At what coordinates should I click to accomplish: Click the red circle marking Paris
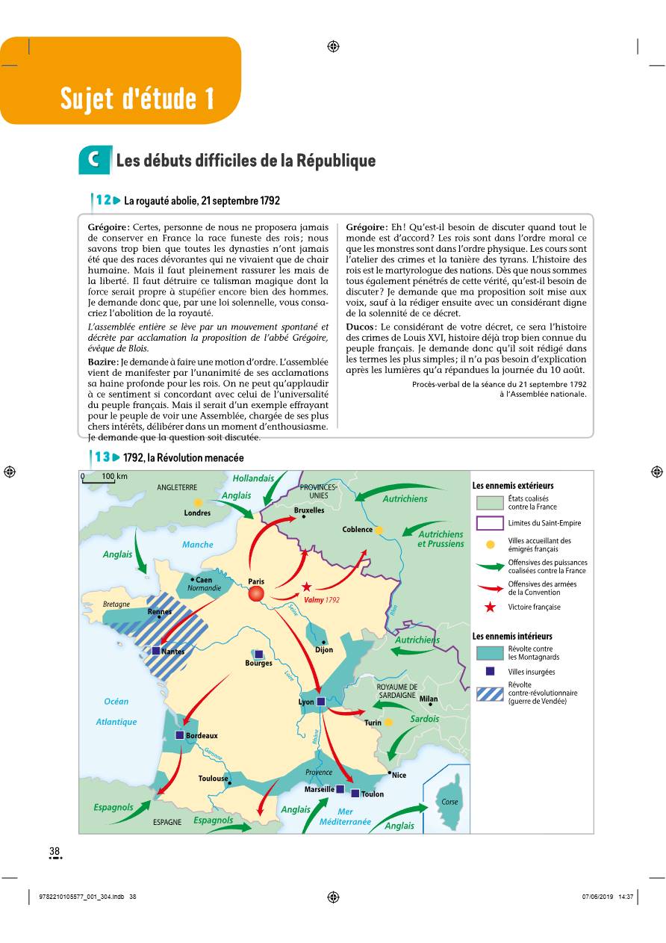pyautogui.click(x=256, y=593)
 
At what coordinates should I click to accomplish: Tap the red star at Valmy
pyautogui.click(x=306, y=587)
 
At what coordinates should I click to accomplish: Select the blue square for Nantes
pyautogui.click(x=156, y=651)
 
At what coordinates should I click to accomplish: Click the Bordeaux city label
pyautogui.click(x=202, y=736)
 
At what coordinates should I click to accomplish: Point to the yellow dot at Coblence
pyautogui.click(x=379, y=530)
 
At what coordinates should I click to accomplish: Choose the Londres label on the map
pyautogui.click(x=197, y=513)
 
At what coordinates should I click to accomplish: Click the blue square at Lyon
pyautogui.click(x=321, y=702)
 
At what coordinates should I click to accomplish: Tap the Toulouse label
pyautogui.click(x=214, y=779)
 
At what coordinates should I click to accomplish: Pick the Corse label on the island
pyautogui.click(x=449, y=802)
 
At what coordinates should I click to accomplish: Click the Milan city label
pyautogui.click(x=429, y=699)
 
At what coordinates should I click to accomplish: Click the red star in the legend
pyautogui.click(x=490, y=607)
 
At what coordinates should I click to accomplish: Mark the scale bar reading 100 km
pyautogui.click(x=105, y=477)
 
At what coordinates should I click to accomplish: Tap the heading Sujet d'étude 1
pyautogui.click(x=137, y=98)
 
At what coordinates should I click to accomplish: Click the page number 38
pyautogui.click(x=55, y=851)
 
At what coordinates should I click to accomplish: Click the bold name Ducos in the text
pyautogui.click(x=361, y=327)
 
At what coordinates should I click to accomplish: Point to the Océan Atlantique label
pyautogui.click(x=116, y=711)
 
